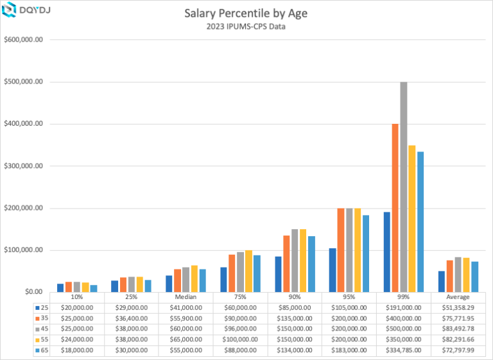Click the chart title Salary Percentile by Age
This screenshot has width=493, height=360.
tap(246, 13)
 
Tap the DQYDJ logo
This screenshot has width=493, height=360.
tap(26, 10)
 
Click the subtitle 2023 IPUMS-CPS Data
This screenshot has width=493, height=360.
tap(246, 27)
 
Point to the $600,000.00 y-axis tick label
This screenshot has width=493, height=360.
tap(23, 40)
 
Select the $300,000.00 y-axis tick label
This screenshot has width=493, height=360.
tap(23, 166)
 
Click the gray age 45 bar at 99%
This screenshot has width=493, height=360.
tap(404, 187)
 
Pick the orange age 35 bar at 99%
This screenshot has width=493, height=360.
tap(395, 208)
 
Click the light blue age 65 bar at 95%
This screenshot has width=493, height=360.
tap(366, 253)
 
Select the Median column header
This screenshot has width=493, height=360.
tap(186, 297)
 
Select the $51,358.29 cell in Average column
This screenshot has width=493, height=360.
tap(458, 307)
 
